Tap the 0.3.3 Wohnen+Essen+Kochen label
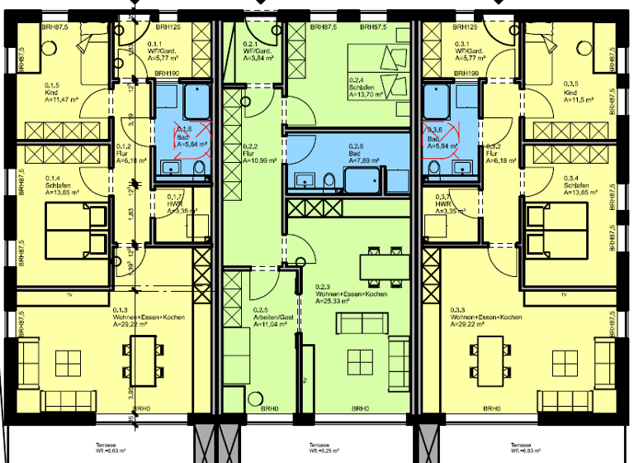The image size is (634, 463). pos(485,317)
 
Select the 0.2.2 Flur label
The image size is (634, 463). pos(250,151)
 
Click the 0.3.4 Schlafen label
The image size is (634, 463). pos(575,184)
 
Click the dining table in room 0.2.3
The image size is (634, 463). pos(382,265)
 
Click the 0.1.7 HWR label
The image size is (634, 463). pos(176,203)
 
